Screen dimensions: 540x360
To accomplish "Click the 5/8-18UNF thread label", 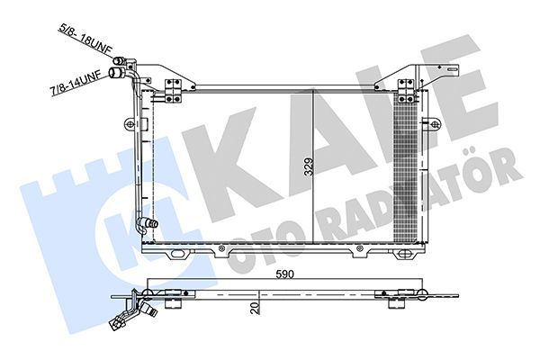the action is point(85,39).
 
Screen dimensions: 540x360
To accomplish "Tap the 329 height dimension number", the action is point(309,166).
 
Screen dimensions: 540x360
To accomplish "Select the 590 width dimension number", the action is point(284,274).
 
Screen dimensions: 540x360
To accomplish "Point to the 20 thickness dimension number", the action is point(256,308).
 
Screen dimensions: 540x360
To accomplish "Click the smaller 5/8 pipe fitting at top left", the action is point(119,60).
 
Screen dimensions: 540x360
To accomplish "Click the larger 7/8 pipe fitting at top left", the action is point(117,73).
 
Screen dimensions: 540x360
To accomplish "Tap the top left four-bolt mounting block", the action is point(173,91).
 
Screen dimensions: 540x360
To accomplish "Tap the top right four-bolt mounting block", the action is point(406,91).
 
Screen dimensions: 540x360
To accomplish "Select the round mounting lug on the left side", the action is point(129,123).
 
